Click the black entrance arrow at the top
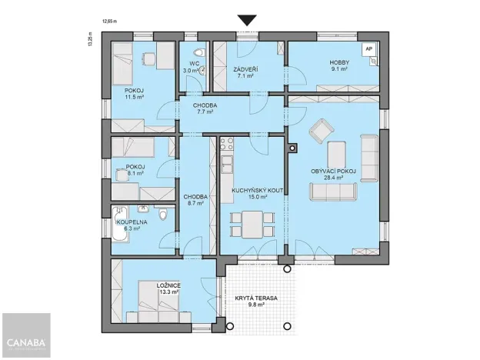[x=247, y=21]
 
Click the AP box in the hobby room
[x=368, y=48]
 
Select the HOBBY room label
[x=339, y=62]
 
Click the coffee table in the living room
[x=335, y=155]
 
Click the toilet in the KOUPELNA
[x=163, y=215]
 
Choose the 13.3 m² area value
[x=168, y=292]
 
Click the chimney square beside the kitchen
[x=292, y=149]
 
